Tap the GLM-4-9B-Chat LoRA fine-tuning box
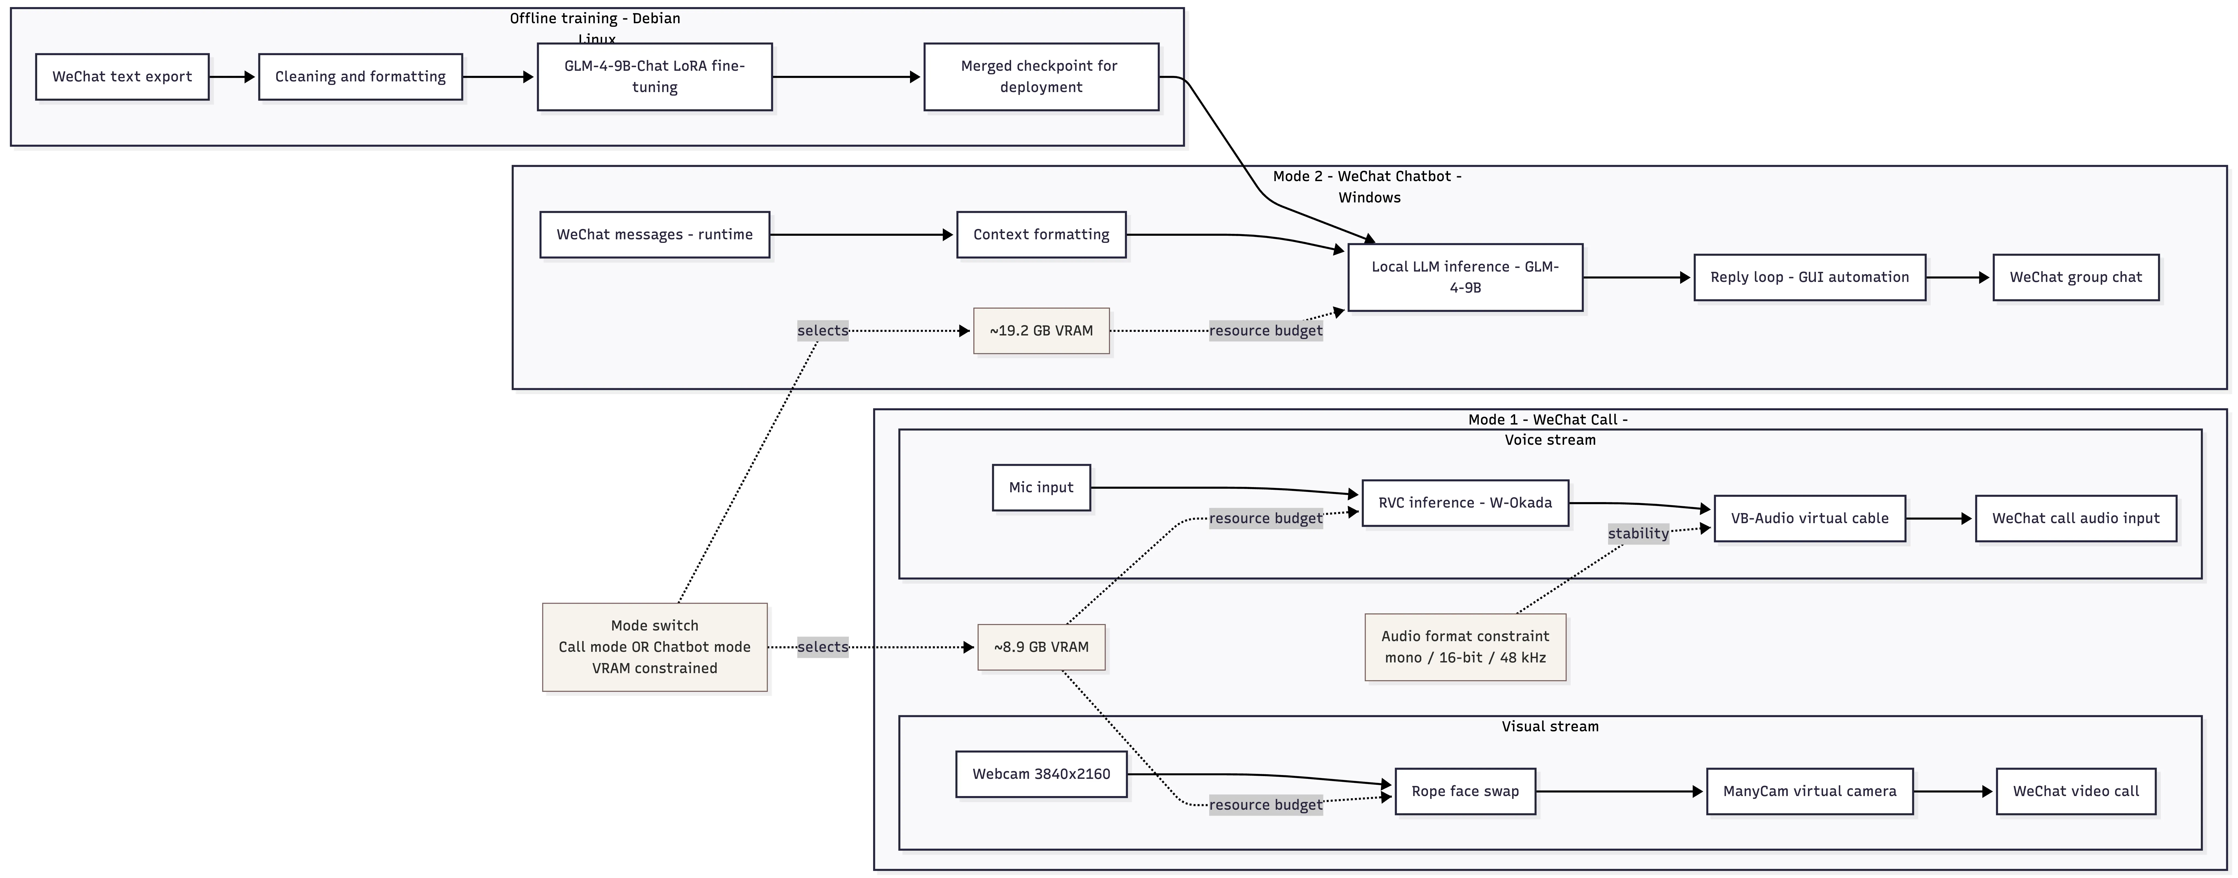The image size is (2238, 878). click(x=654, y=76)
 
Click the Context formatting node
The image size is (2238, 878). click(x=1041, y=234)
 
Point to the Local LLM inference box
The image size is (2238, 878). click(x=1465, y=277)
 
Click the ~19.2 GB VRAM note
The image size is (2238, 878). click(x=1041, y=331)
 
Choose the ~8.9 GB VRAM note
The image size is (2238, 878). click(x=1041, y=647)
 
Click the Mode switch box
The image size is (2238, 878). click(x=654, y=647)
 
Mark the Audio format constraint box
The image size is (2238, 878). click(x=1465, y=647)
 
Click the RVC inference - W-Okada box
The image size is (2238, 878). click(x=1465, y=503)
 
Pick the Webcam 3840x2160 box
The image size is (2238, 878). click(x=1041, y=774)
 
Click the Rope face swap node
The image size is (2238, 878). click(x=1465, y=791)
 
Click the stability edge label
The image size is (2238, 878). click(x=1638, y=533)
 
